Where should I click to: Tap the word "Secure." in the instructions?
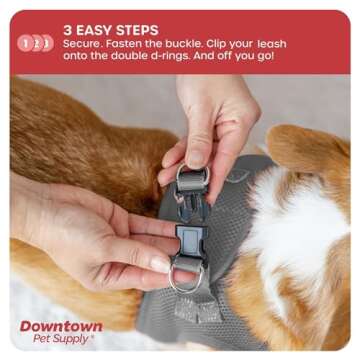pyautogui.click(x=85, y=45)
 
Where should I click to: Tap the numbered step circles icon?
pyautogui.click(x=35, y=43)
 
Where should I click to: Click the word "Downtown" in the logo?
pyautogui.click(x=61, y=326)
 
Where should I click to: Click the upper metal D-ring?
pyautogui.click(x=193, y=177)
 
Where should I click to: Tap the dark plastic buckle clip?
pyautogui.click(x=189, y=240)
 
